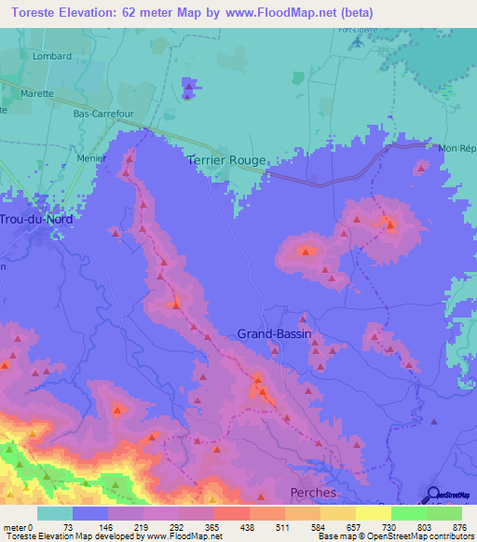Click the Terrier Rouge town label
pyautogui.click(x=226, y=160)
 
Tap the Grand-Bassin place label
pyautogui.click(x=274, y=333)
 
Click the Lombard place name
pyautogui.click(x=52, y=56)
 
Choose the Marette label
pyautogui.click(x=38, y=94)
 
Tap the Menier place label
pyautogui.click(x=92, y=158)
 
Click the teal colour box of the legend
pyautogui.click(x=55, y=513)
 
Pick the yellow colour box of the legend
pyautogui.click(x=373, y=513)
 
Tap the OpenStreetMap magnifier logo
pyautogui.click(x=433, y=495)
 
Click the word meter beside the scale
pyautogui.click(x=15, y=527)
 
